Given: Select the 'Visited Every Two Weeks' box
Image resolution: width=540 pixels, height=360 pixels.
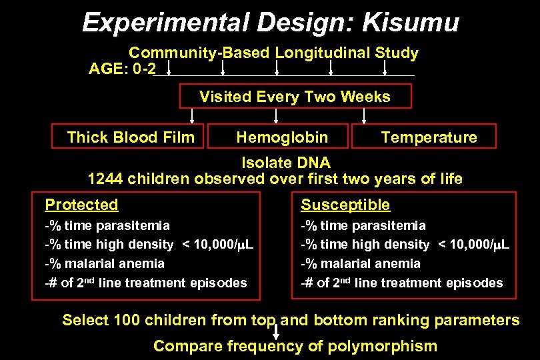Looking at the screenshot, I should [x=295, y=97].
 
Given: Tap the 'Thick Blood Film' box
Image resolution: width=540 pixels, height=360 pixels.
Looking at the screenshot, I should [x=131, y=137].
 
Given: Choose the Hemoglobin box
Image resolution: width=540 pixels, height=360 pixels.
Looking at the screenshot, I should [x=282, y=137].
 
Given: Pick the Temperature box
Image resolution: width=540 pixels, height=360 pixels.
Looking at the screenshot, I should [x=429, y=137].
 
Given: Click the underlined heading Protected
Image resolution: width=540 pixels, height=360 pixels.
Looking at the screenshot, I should [x=81, y=205].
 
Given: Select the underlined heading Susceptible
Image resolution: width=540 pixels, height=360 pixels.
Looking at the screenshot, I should [x=345, y=205].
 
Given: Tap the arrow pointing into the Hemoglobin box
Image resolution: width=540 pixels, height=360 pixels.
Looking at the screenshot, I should [x=278, y=116].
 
